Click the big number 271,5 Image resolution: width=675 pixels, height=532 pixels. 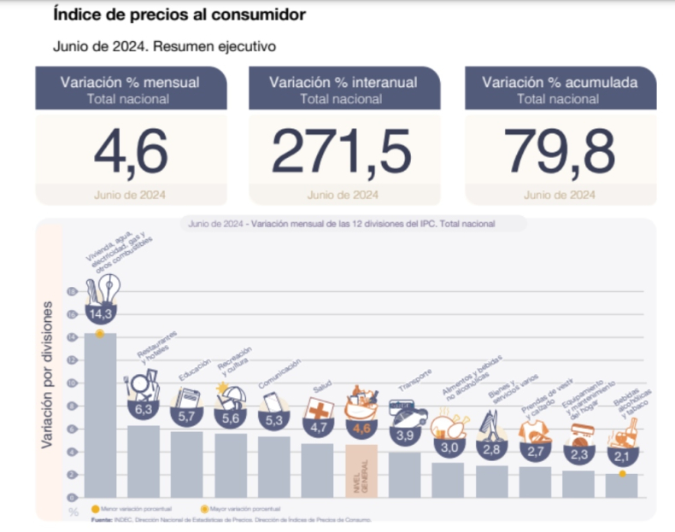pos(343,149)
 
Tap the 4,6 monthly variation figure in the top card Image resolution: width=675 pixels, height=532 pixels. pos(130,149)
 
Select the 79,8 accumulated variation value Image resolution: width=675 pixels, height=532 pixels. pos(559,149)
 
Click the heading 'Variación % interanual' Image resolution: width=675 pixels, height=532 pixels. pos(343,83)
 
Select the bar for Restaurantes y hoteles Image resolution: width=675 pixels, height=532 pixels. pos(144,461)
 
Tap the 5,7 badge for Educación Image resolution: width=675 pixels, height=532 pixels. pos(187,418)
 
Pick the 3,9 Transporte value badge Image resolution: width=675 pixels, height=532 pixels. pos(405,435)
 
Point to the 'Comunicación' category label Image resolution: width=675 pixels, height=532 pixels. pos(281,378)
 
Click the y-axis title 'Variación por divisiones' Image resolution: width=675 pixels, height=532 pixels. pos(47,376)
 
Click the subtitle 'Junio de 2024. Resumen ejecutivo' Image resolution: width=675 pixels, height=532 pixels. pos(163,46)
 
